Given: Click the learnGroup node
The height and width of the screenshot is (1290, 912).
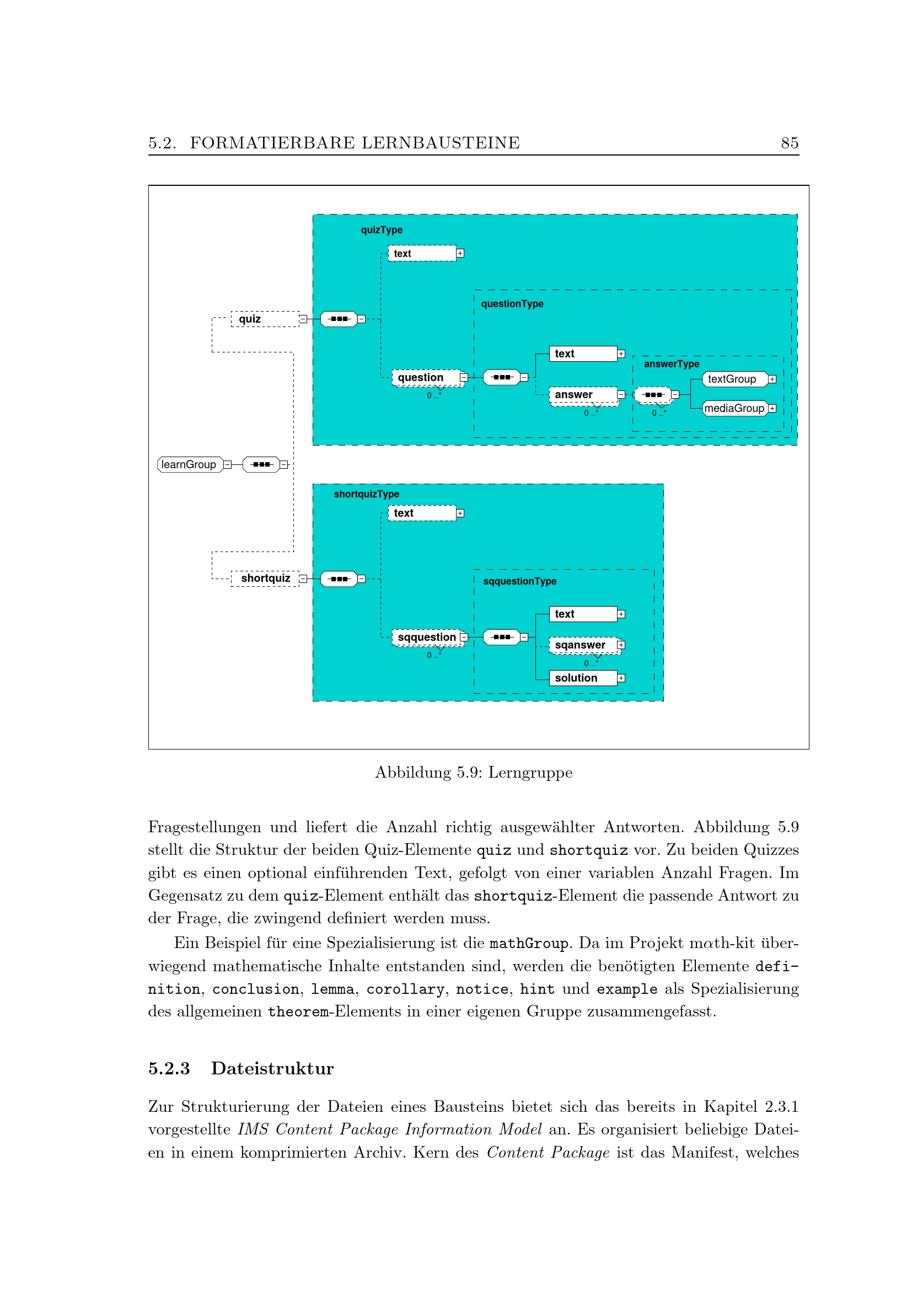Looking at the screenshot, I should pyautogui.click(x=190, y=464).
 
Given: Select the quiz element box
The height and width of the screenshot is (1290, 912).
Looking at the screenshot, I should pyautogui.click(x=265, y=319).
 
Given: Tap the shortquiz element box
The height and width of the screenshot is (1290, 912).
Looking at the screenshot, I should pyautogui.click(x=265, y=579).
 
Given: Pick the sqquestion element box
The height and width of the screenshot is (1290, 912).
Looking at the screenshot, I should pyautogui.click(x=426, y=637).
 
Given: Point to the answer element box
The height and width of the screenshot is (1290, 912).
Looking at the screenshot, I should pyautogui.click(x=583, y=395).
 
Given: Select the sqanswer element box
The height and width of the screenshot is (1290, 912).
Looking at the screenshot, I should pyautogui.click(x=583, y=645).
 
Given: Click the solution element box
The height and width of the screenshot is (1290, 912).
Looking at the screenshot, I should pyautogui.click(x=583, y=678).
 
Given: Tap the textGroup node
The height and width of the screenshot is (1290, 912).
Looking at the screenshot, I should pyautogui.click(x=734, y=379).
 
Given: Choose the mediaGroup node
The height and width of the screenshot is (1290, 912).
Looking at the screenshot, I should pyautogui.click(x=734, y=409).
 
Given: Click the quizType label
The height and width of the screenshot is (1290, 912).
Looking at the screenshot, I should pyautogui.click(x=382, y=230).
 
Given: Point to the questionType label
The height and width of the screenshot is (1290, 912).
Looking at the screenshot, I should pyautogui.click(x=512, y=304).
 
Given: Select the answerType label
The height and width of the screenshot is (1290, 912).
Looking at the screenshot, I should pyautogui.click(x=672, y=364).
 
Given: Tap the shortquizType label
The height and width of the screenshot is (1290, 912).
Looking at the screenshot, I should pyautogui.click(x=366, y=494).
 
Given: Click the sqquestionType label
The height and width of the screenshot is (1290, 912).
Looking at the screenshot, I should pyautogui.click(x=519, y=581).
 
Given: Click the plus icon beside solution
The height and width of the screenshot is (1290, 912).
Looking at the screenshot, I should pyautogui.click(x=621, y=678).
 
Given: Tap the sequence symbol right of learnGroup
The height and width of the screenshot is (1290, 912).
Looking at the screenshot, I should pyautogui.click(x=262, y=464).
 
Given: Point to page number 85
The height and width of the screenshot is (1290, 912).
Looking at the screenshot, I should pyautogui.click(x=790, y=143).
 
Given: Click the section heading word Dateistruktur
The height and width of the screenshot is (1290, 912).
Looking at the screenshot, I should pyautogui.click(x=272, y=1069).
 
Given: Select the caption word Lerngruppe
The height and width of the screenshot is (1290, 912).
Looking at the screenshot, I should pyautogui.click(x=530, y=773).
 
